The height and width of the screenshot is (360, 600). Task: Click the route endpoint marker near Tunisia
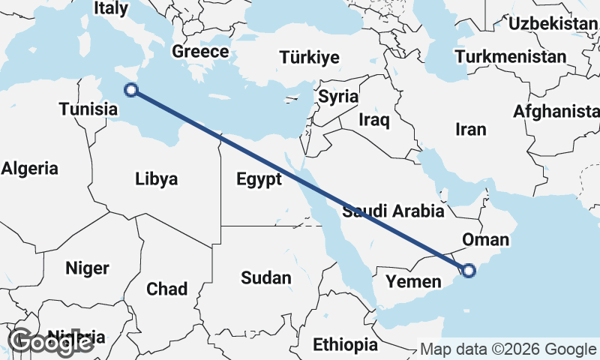(131, 90)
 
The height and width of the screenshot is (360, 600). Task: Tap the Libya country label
(157, 179)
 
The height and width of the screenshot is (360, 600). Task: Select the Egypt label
(259, 179)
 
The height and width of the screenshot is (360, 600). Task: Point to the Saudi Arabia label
(393, 211)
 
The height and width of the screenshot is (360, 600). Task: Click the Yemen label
(413, 281)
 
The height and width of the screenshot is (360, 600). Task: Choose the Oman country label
(486, 240)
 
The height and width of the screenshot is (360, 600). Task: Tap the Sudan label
(265, 278)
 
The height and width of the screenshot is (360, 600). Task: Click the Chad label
(166, 289)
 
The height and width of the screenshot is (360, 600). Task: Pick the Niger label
(87, 268)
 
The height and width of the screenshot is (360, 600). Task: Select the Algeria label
(29, 168)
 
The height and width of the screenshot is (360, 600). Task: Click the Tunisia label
(88, 109)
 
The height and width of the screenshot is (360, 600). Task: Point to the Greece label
(199, 52)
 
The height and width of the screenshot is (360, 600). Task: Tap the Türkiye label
(309, 58)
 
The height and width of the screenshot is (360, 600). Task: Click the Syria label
(338, 97)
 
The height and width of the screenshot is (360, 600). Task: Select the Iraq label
(374, 120)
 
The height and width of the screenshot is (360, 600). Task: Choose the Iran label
(471, 129)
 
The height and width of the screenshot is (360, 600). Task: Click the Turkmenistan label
(510, 57)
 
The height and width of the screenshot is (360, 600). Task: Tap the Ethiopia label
(346, 345)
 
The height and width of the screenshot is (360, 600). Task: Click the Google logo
(50, 342)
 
